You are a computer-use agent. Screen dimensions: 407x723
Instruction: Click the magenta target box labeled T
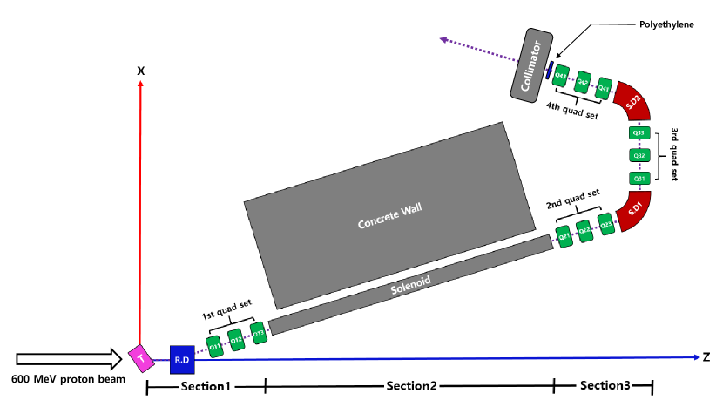pyautogui.click(x=139, y=356)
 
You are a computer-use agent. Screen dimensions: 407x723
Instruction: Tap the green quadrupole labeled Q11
pyautogui.click(x=213, y=344)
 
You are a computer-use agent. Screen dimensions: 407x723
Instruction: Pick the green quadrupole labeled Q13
pyautogui.click(x=257, y=332)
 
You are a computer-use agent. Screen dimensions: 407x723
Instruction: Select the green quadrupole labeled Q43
pyautogui.click(x=562, y=76)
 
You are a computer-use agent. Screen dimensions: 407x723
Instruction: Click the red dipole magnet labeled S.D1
pyautogui.click(x=633, y=210)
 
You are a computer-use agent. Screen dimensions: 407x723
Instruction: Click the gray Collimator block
pyautogui.click(x=531, y=64)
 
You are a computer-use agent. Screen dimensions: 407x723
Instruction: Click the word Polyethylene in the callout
pyautogui.click(x=666, y=24)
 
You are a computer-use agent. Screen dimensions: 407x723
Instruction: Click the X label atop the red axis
pyautogui.click(x=140, y=69)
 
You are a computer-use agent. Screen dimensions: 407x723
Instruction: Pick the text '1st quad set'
pyautogui.click(x=226, y=304)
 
